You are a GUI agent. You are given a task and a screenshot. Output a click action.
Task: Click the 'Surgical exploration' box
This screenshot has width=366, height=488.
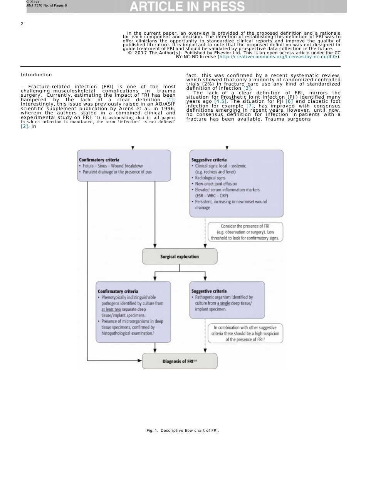180,257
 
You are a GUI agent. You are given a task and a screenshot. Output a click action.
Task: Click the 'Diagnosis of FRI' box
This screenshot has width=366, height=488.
180,361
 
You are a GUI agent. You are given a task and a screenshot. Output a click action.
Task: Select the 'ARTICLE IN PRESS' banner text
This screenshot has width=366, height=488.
187,6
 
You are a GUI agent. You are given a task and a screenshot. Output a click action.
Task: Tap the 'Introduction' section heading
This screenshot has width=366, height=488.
36,75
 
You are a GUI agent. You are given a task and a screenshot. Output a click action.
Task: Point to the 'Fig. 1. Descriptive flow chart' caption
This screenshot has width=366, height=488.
183,430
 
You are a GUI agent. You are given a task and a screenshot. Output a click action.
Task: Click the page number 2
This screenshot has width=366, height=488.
22,24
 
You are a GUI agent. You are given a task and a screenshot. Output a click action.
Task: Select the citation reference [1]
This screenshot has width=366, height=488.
170,100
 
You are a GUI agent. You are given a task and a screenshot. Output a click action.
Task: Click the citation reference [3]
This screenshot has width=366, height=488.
247,88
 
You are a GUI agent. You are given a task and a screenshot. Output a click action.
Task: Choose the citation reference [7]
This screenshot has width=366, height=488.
250,106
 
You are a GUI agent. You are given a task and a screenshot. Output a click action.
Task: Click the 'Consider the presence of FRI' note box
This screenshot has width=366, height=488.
245,232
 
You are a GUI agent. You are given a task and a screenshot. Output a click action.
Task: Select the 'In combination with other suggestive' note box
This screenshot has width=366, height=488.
245,333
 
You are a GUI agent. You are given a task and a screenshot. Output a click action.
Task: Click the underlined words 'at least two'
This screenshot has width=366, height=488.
111,309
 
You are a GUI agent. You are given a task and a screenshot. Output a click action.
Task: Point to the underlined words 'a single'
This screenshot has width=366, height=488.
223,303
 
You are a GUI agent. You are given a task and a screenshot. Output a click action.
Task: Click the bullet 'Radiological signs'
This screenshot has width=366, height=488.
210,178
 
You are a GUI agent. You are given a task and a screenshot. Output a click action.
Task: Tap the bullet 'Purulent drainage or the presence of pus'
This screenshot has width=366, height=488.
117,172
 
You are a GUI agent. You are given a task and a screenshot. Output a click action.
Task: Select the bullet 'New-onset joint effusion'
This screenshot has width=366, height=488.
216,184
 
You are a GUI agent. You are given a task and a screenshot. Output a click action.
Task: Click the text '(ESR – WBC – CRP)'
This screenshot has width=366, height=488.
212,196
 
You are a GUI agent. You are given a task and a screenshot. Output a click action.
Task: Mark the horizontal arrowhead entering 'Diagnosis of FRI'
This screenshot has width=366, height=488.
140,361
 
